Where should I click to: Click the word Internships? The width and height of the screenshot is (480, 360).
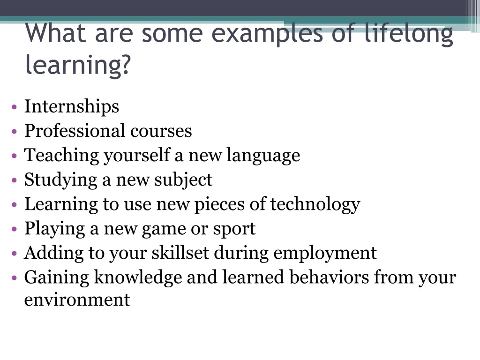[x=72, y=107]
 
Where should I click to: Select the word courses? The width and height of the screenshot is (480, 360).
[x=161, y=131]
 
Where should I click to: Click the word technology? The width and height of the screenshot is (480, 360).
[x=315, y=204]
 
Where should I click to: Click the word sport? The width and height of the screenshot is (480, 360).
[x=234, y=229]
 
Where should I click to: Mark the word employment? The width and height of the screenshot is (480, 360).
[x=325, y=253]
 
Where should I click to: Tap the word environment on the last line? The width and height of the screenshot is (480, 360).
[x=77, y=300]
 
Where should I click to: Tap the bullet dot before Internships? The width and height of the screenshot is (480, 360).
[x=15, y=107]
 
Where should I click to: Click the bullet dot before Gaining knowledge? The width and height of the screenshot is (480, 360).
[x=15, y=278]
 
